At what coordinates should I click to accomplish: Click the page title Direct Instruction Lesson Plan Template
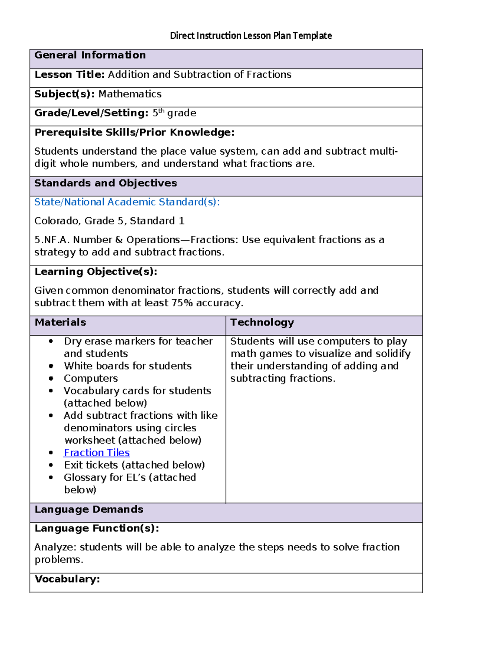[251, 36]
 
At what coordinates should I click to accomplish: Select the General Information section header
[90, 55]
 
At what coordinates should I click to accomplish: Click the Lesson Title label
[69, 74]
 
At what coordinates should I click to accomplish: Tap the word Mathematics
[130, 94]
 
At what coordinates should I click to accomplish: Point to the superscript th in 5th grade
[161, 111]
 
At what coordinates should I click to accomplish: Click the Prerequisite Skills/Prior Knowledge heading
[134, 132]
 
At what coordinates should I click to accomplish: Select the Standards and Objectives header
[105, 183]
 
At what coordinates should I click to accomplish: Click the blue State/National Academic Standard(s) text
[127, 202]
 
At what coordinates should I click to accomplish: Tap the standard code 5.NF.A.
[52, 240]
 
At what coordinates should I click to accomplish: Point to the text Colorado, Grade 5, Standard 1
[109, 221]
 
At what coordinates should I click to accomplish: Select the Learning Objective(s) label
[96, 272]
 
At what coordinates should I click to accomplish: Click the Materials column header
[60, 322]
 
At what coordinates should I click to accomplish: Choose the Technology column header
[262, 322]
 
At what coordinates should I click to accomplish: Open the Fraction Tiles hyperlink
[97, 453]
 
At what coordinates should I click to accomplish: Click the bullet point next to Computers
[51, 379]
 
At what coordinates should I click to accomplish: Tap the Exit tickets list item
[134, 465]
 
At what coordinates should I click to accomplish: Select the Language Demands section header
[89, 509]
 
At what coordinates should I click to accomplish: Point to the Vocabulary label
[67, 579]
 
